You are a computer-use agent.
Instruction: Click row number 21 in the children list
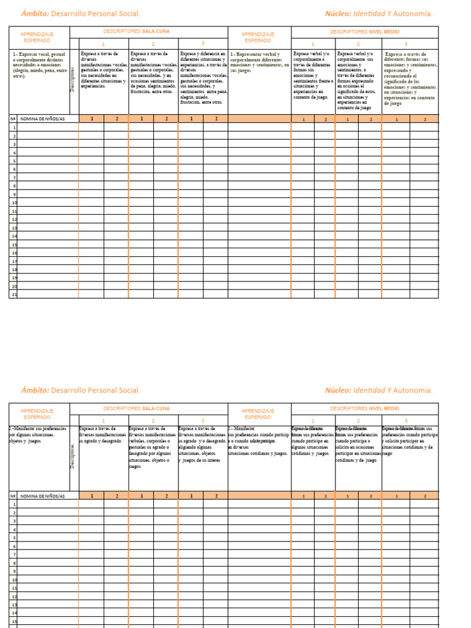(x=14, y=294)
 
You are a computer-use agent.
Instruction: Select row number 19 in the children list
(x=14, y=278)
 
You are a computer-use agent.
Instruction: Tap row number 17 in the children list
(x=14, y=261)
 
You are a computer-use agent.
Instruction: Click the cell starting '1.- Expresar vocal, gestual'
(x=39, y=64)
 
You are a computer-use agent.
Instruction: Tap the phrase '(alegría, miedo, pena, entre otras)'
(x=39, y=73)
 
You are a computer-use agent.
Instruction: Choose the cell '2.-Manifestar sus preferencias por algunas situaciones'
(x=39, y=435)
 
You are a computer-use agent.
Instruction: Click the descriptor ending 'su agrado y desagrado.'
(x=104, y=435)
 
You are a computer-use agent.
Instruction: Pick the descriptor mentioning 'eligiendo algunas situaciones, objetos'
(x=202, y=443)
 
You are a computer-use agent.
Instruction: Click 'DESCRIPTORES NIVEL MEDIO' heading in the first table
(x=364, y=31)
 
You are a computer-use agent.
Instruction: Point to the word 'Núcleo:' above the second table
(x=339, y=390)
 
